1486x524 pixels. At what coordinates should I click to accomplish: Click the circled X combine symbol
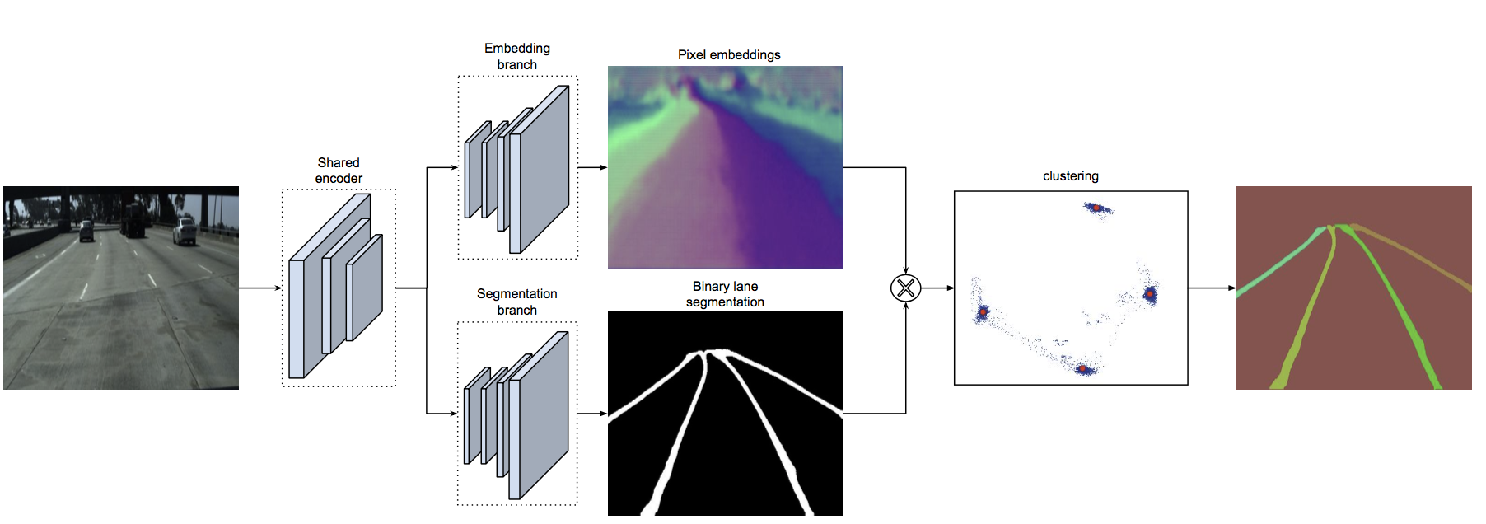[x=905, y=288]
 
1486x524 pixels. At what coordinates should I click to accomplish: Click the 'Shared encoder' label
[x=339, y=171]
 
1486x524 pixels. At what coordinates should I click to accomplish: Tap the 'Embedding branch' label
[x=517, y=56]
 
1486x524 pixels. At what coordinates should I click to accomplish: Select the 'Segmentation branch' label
[x=517, y=302]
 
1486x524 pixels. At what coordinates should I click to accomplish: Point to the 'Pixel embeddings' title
[x=729, y=54]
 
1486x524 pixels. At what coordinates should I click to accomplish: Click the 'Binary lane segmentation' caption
[x=725, y=294]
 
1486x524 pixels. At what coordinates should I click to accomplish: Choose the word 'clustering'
[x=1070, y=175]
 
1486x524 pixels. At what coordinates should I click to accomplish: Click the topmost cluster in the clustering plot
[x=1096, y=208]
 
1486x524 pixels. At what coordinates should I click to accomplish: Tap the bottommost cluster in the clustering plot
[x=1084, y=368]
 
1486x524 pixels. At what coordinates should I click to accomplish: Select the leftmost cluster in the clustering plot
[x=982, y=312]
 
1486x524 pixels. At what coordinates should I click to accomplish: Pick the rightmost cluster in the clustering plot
[x=1150, y=293]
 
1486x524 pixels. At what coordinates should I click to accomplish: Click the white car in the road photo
[x=185, y=232]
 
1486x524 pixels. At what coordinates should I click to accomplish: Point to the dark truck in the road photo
[x=133, y=221]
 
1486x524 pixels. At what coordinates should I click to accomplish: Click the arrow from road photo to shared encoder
[x=260, y=288]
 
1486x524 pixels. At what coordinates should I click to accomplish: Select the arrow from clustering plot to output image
[x=1212, y=288]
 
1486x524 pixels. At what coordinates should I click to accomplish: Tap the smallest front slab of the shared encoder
[x=365, y=288]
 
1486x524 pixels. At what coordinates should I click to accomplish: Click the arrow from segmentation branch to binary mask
[x=592, y=413]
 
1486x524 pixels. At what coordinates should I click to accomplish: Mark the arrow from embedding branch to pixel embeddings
[x=592, y=167]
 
